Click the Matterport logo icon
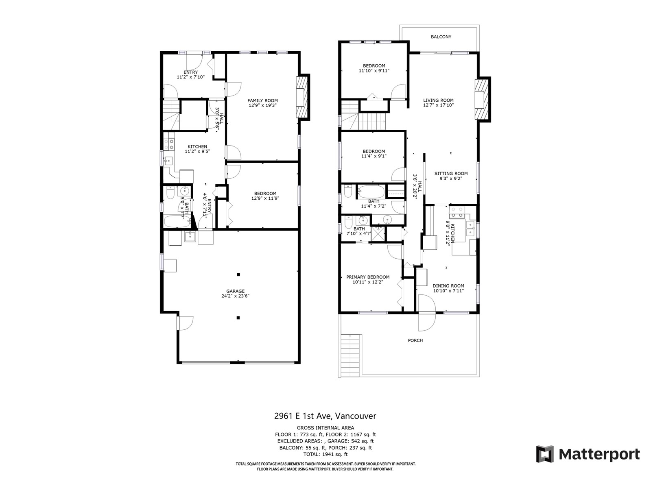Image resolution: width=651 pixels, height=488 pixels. [x=544, y=454]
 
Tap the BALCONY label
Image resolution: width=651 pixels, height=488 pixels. [x=441, y=37]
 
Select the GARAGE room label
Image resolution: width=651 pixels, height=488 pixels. [x=235, y=291]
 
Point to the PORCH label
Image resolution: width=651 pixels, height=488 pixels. [x=415, y=340]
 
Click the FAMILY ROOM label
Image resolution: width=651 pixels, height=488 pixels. [x=262, y=100]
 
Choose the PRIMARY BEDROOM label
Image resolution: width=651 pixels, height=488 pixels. [x=368, y=277]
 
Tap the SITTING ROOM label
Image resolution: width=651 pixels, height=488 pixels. [x=451, y=174]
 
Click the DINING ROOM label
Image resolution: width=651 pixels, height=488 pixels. [x=448, y=286]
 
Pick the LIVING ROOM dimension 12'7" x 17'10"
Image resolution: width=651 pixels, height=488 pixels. [x=438, y=105]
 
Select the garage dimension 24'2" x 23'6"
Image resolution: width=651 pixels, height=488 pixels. [x=235, y=296]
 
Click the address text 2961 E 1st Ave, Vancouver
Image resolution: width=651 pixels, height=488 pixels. [x=325, y=416]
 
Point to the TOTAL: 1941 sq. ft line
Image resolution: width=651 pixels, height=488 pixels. [x=325, y=454]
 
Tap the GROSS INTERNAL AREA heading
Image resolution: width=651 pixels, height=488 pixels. [x=325, y=427]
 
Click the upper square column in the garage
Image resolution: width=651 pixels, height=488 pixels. [x=238, y=274]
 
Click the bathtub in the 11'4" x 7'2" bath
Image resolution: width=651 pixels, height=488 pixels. [x=371, y=192]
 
